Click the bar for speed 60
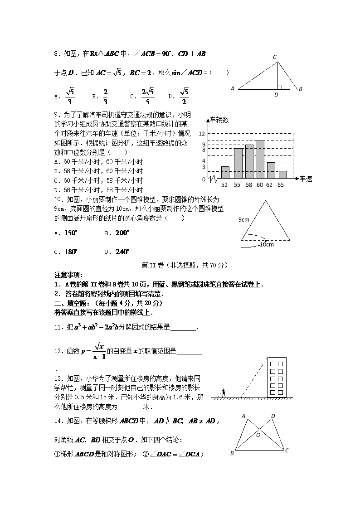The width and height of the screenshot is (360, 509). pyautogui.click(x=260, y=160)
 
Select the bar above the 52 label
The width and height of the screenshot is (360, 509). pyautogui.click(x=225, y=173)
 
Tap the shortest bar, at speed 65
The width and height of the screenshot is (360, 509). pyautogui.click(x=282, y=175)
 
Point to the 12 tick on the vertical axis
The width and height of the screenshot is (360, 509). pyautogui.click(x=202, y=134)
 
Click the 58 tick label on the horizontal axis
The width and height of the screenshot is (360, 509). pyautogui.click(x=248, y=185)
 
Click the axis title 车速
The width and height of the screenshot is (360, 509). pyautogui.click(x=306, y=179)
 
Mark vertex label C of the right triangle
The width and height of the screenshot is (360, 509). pyautogui.click(x=275, y=57)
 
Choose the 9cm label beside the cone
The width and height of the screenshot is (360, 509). pyautogui.click(x=244, y=219)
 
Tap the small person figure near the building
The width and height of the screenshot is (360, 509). pyautogui.click(x=223, y=393)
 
